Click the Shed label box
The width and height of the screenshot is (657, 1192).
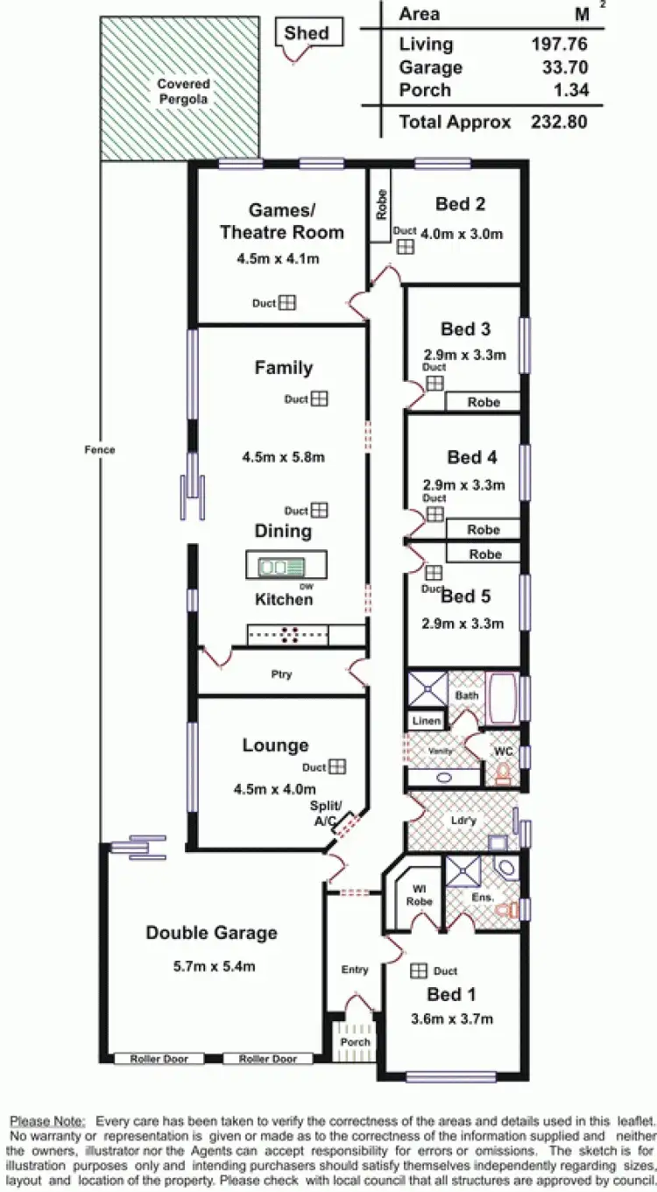307,33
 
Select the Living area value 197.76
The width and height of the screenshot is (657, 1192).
558,44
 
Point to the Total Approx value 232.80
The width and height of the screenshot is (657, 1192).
558,122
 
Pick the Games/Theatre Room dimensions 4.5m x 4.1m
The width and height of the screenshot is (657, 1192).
277,258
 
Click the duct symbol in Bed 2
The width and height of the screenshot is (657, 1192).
405,246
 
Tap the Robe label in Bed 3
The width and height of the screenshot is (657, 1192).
484,402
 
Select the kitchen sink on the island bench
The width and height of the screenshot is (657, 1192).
280,567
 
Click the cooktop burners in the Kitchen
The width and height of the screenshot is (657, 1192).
290,636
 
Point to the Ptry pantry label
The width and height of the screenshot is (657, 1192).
281,674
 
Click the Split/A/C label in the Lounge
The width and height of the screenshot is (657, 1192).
326,813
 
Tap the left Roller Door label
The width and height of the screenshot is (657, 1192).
159,1059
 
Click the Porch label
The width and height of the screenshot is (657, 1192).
355,1041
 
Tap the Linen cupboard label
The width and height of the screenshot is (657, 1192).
427,721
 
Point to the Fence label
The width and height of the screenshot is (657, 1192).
100,449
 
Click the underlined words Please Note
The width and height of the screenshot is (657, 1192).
47,1121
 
